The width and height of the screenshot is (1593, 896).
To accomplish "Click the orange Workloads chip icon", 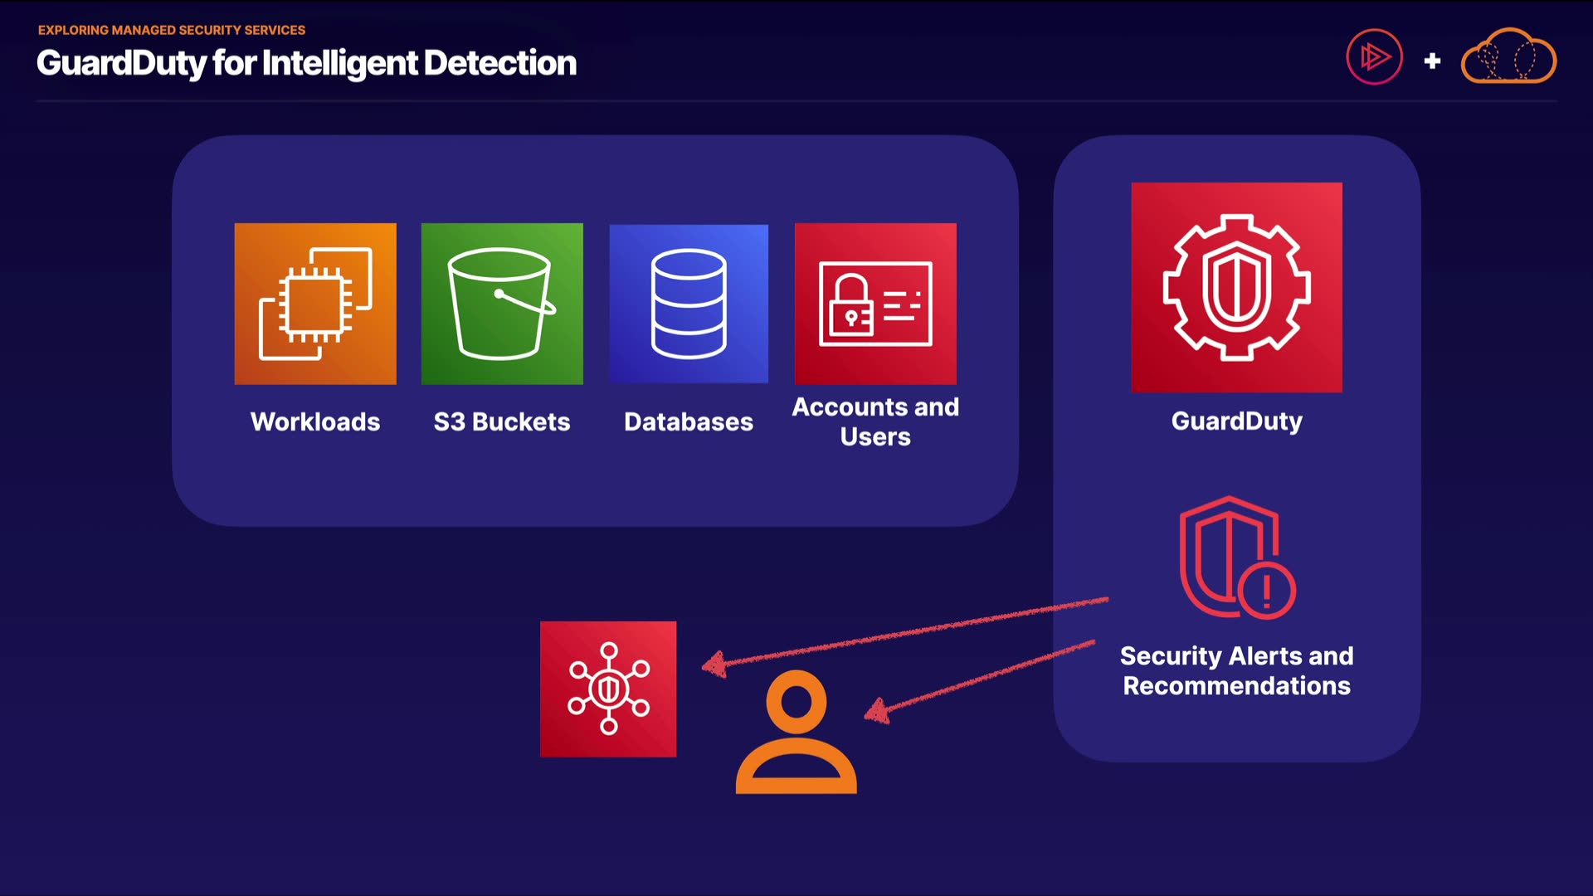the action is [x=315, y=304].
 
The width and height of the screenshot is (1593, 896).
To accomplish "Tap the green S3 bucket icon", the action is [x=502, y=304].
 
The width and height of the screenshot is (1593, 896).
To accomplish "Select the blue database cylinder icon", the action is [x=689, y=304].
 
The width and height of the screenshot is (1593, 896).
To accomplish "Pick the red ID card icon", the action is [x=875, y=304].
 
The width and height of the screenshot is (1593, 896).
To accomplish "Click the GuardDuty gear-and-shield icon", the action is [x=1236, y=287].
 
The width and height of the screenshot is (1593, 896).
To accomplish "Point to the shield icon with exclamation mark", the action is [x=1236, y=558].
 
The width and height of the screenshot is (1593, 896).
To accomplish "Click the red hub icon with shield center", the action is [x=608, y=689].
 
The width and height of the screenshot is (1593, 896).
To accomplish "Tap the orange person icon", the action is [x=796, y=732].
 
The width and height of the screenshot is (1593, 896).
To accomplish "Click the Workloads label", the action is [x=315, y=421].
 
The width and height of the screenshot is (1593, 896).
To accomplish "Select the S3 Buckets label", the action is [x=502, y=421].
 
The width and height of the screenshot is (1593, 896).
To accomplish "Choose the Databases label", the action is [x=689, y=421].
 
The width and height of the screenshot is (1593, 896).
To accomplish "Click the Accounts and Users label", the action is [x=875, y=421].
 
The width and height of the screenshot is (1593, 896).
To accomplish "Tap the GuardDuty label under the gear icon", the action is [x=1236, y=421].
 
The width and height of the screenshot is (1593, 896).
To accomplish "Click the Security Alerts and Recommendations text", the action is [x=1236, y=670].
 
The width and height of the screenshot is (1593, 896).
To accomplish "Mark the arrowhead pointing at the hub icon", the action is [x=714, y=664].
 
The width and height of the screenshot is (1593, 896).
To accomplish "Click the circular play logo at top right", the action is [x=1374, y=57].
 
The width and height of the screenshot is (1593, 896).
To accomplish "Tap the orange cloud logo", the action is [x=1508, y=56].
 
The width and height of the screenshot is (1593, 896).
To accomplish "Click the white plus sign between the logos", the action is [x=1432, y=61].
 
